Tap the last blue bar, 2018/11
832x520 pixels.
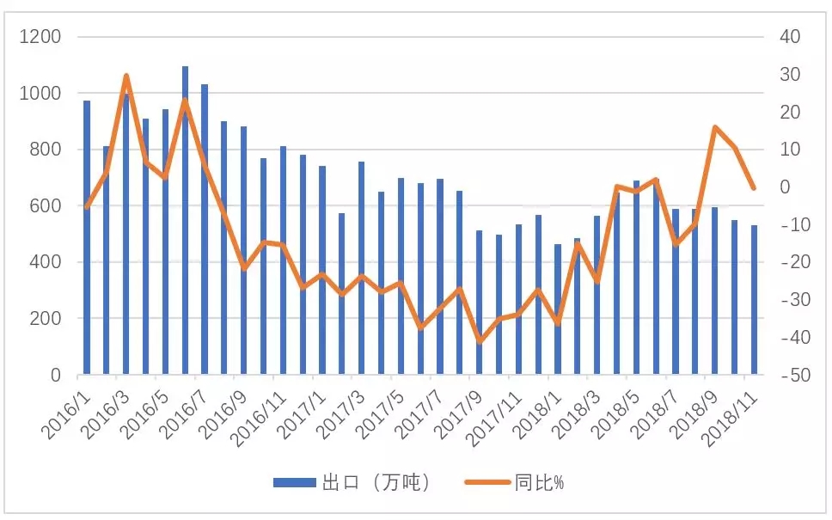click(x=754, y=300)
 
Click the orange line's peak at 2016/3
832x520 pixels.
click(x=126, y=76)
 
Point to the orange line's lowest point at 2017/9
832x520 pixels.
click(x=480, y=341)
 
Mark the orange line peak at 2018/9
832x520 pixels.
click(x=715, y=127)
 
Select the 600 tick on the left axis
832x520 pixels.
click(x=48, y=206)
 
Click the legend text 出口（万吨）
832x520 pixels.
click(x=376, y=483)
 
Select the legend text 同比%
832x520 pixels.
click(x=539, y=483)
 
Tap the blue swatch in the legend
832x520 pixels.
click(x=294, y=483)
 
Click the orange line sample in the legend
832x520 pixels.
click(x=487, y=483)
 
